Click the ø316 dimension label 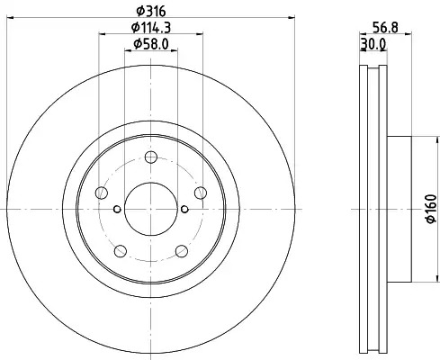point(151,12)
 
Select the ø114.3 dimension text point(151,28)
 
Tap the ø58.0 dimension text point(151,44)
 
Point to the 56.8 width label point(385,28)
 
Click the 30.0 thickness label point(373,44)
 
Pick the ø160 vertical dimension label point(431,209)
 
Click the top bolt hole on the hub point(150,157)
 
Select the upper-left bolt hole point(102,193)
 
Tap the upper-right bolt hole point(201,193)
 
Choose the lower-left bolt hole point(121,251)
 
